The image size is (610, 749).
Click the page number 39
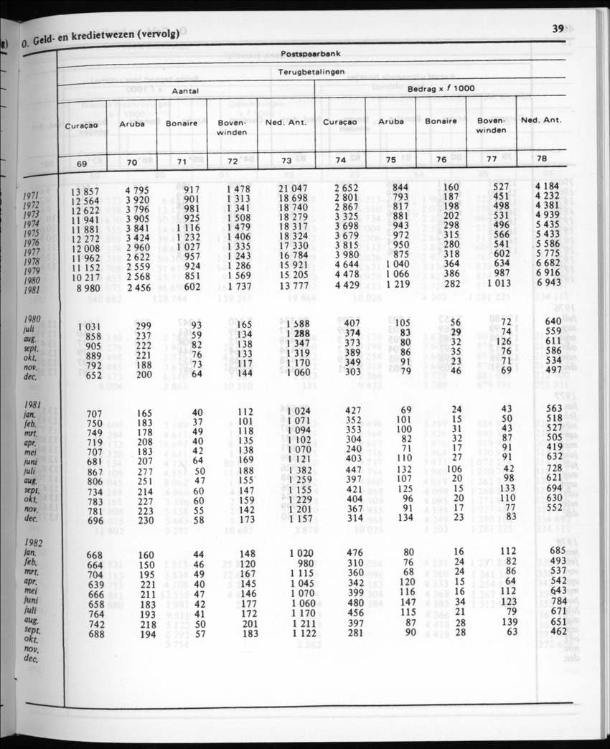[x=558, y=29]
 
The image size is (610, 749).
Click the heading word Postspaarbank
[x=310, y=54]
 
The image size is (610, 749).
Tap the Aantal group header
[x=184, y=92]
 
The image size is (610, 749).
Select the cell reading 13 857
[x=85, y=192]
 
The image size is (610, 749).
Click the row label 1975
[x=31, y=233]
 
